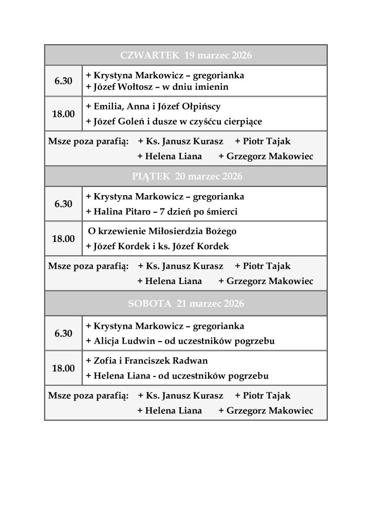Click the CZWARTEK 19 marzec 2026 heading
tap(185, 55)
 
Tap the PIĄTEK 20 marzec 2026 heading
tap(185, 177)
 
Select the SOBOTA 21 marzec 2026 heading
tap(185, 304)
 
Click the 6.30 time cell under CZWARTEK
tap(63, 81)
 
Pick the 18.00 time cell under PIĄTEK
tap(63, 239)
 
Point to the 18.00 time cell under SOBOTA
tap(63, 368)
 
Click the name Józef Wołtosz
tap(124, 87)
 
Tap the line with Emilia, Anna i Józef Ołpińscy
tap(153, 107)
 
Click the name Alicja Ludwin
tap(123, 341)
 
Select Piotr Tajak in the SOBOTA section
tap(263, 396)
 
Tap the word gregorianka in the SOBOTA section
tap(217, 326)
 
